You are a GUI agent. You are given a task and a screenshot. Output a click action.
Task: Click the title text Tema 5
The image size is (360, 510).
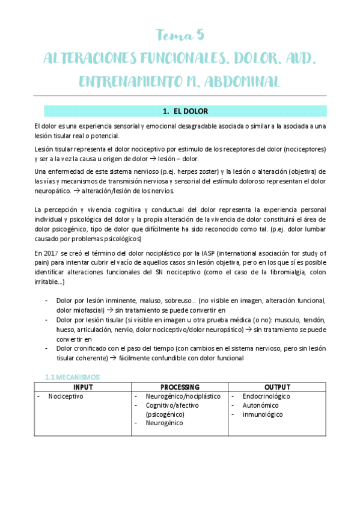180,34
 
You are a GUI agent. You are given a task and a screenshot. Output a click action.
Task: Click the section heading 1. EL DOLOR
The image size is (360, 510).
185,111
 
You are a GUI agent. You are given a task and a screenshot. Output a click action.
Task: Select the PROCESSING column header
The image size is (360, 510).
180,387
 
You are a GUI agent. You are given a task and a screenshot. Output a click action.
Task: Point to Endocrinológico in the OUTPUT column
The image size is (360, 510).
266,396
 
